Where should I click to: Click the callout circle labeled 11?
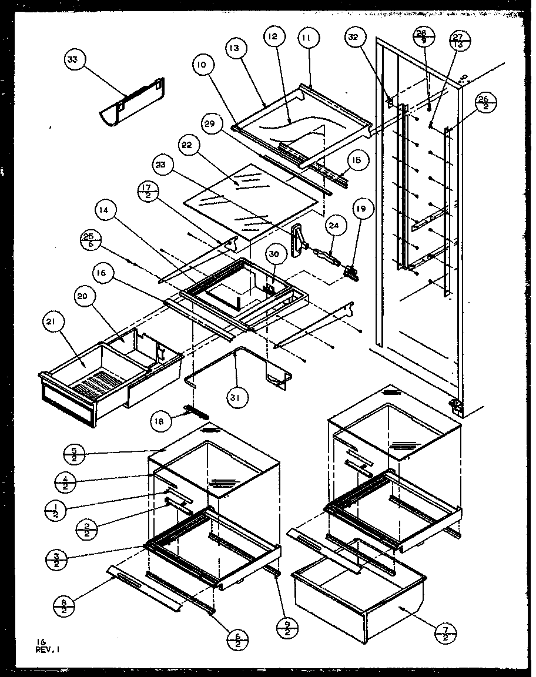coord(309,40)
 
